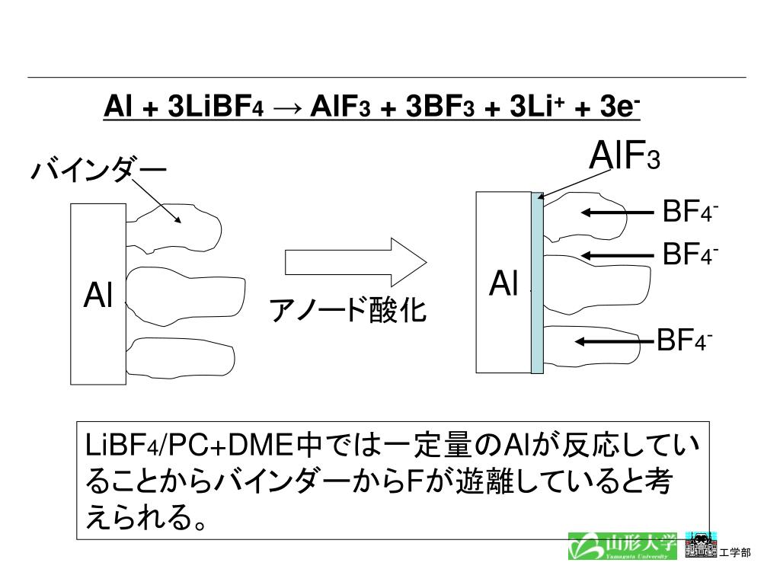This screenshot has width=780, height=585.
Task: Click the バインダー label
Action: point(98,170)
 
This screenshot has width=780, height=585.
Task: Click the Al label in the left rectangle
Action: point(98,296)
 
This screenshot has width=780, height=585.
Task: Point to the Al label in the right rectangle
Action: point(503,283)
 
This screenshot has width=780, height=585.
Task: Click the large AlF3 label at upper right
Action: point(625,158)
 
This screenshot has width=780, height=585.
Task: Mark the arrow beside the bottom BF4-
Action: point(615,340)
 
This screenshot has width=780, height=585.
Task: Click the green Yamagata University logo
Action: point(622,545)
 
